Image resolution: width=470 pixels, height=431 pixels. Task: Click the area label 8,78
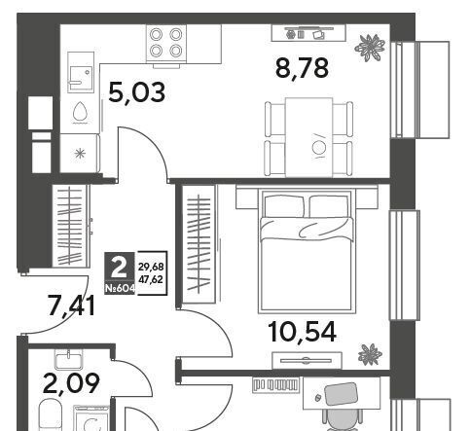(302, 68)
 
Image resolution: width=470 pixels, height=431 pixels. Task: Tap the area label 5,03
(137, 92)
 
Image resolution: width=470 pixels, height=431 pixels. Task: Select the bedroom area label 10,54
(303, 332)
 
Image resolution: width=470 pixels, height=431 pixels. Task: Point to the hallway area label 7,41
(71, 305)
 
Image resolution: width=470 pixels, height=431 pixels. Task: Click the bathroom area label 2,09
(71, 383)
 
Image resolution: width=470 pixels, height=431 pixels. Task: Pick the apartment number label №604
(120, 288)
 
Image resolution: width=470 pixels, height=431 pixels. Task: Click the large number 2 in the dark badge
(119, 269)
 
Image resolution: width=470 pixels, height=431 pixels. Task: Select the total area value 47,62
(151, 279)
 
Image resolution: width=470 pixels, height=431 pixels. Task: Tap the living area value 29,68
(151, 268)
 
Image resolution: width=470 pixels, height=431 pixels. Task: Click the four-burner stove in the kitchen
(166, 43)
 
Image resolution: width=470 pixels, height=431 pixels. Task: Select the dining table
(308, 137)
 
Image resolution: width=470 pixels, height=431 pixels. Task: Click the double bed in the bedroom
(306, 252)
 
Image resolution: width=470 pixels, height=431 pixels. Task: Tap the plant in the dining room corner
(370, 48)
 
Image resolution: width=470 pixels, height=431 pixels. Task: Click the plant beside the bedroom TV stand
(370, 355)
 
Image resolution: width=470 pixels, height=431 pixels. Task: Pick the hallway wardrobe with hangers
(71, 226)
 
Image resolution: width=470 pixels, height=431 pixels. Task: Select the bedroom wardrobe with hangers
(199, 244)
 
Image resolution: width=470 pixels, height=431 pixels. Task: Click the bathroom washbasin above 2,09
(69, 361)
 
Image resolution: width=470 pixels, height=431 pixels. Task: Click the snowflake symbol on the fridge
(80, 153)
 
